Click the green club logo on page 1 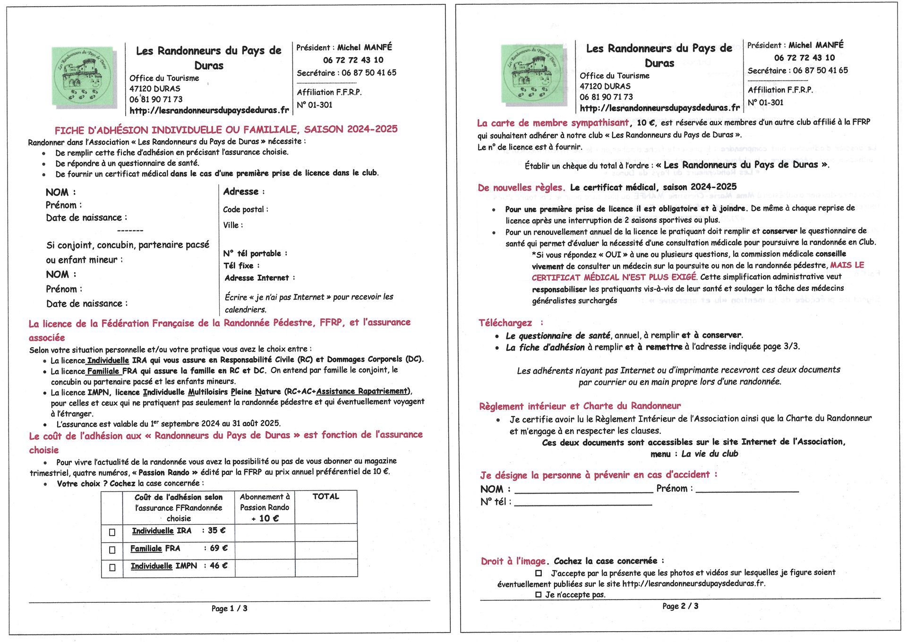[83, 76]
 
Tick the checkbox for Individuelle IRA [112, 532]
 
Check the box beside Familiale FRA [112, 550]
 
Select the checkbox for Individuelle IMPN [112, 567]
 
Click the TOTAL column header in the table [325, 496]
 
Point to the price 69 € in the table [219, 548]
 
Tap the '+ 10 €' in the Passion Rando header [265, 518]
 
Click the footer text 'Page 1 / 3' [229, 608]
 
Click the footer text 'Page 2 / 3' [680, 606]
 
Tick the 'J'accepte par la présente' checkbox [539, 573]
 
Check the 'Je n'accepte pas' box [538, 595]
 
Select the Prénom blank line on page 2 [747, 490]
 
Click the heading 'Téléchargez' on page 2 [505, 323]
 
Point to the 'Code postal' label [245, 209]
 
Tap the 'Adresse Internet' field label [259, 278]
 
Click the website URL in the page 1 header [209, 111]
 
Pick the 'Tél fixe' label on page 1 [241, 265]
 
